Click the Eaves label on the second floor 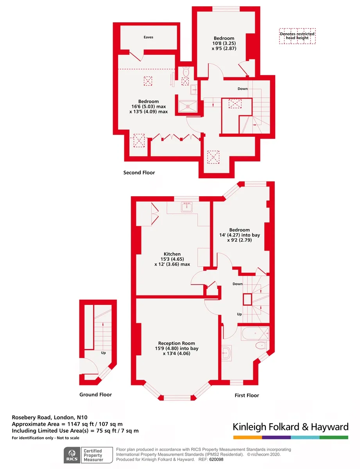(x=148, y=37)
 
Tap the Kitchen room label (x=172, y=254)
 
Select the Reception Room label (x=176, y=343)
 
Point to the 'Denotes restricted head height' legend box (x=297, y=36)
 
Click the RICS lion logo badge (x=72, y=455)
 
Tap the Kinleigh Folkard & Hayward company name (x=290, y=427)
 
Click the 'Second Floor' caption (x=139, y=172)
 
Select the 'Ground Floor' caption (x=96, y=394)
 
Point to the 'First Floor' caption (x=247, y=396)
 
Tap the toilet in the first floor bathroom (x=261, y=345)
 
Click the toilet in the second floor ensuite (x=186, y=71)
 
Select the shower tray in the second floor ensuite (x=188, y=106)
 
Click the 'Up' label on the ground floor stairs (x=103, y=353)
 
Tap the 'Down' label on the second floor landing (x=243, y=89)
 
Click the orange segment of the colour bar (x=247, y=437)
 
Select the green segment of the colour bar (x=334, y=437)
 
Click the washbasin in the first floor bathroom (x=226, y=353)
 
